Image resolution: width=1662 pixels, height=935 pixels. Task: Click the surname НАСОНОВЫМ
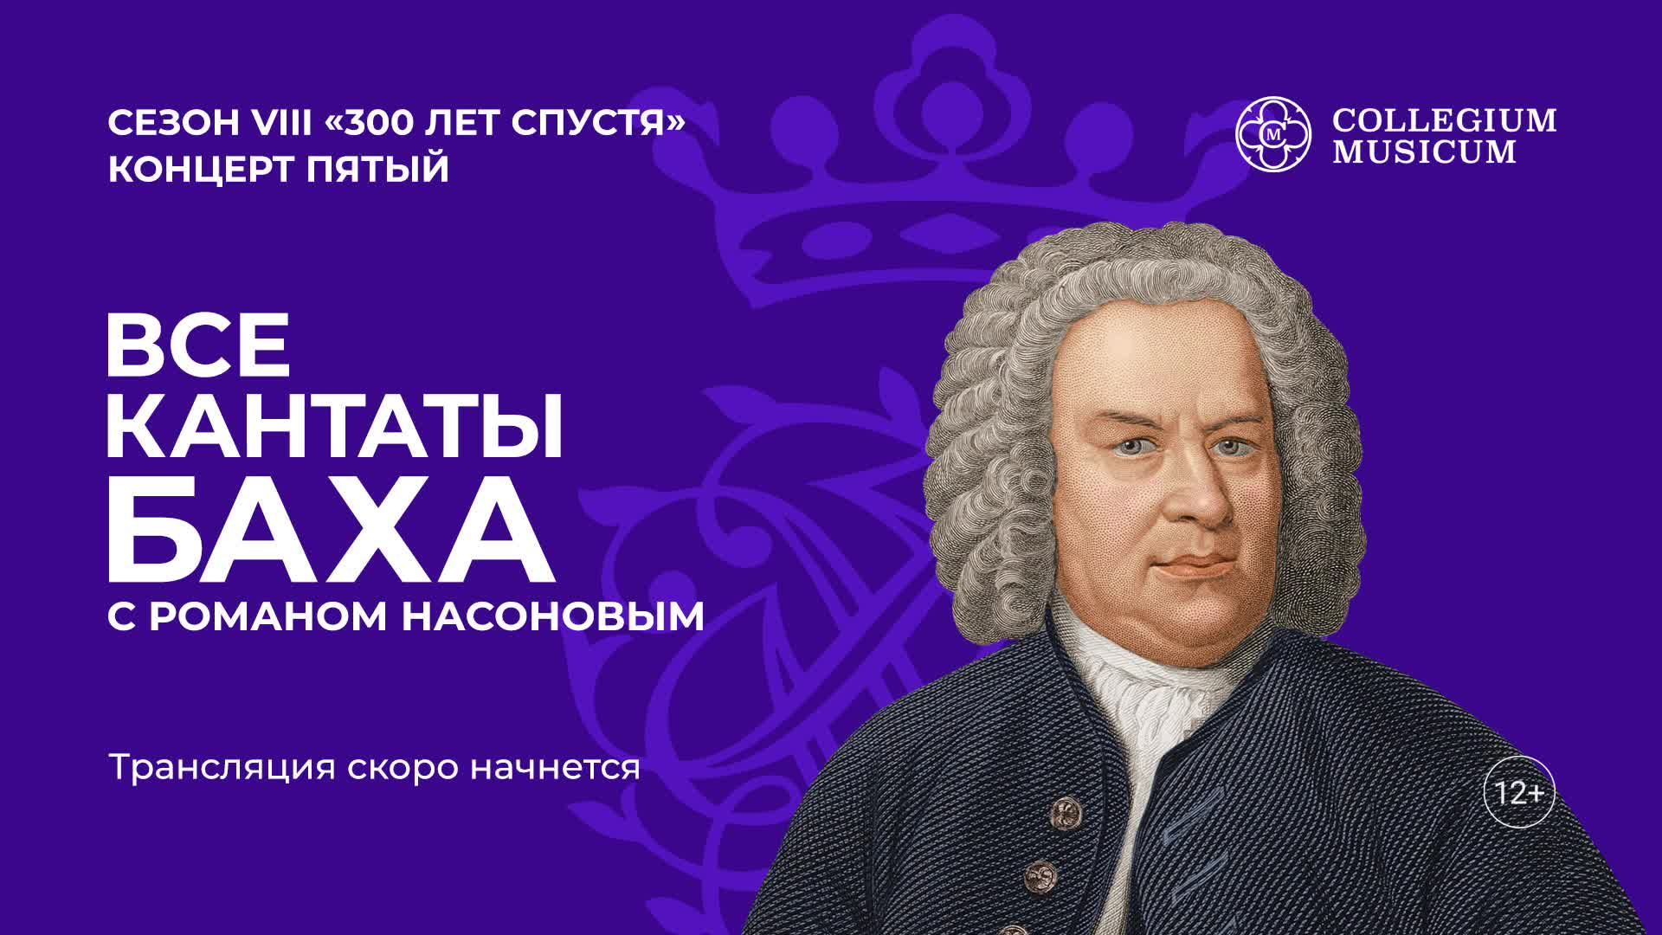[553, 617]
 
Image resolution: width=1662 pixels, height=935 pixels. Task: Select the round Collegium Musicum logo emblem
[1273, 133]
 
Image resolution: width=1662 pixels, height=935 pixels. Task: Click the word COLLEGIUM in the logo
[1444, 120]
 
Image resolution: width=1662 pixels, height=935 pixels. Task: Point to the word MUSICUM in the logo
[1424, 152]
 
